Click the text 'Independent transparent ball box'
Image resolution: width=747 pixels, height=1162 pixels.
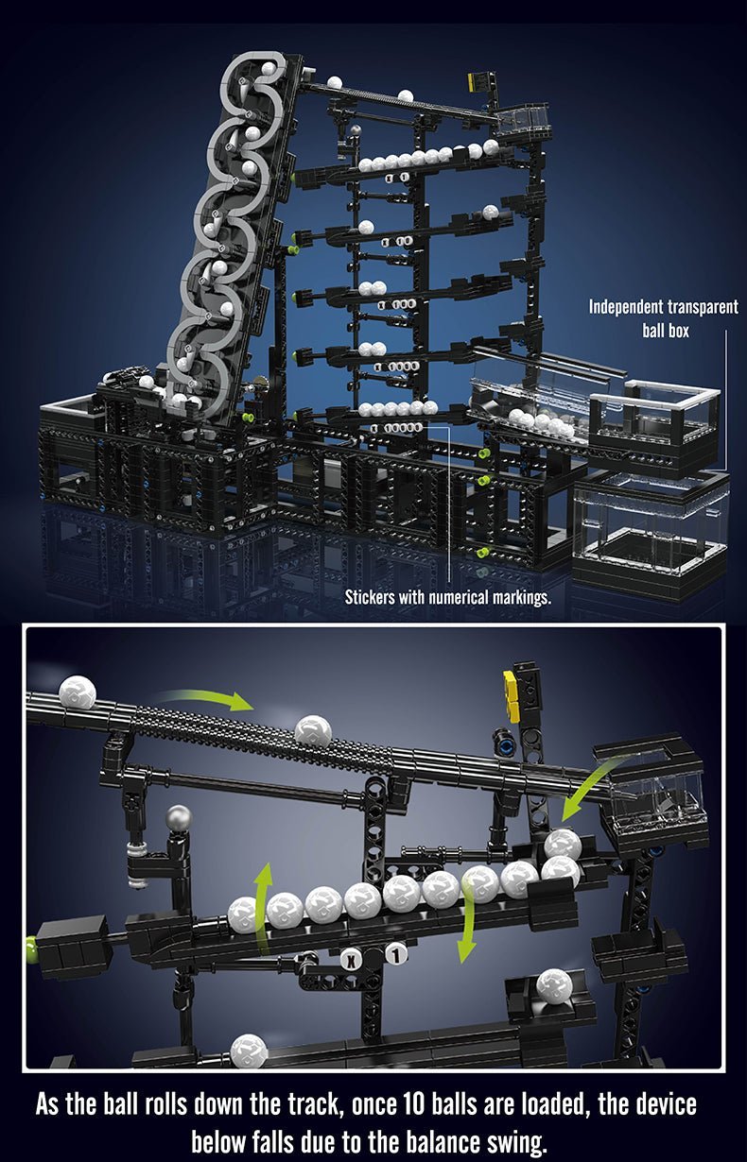(663, 318)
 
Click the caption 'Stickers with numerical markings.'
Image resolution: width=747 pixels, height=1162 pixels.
(447, 597)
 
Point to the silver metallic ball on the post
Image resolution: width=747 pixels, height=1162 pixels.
(178, 818)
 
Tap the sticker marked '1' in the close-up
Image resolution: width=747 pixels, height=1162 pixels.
(395, 955)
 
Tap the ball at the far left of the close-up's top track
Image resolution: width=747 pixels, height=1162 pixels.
(78, 692)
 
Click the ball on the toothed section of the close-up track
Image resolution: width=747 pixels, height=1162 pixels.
(313, 730)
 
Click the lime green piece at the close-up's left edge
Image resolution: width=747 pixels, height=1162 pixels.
(31, 944)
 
